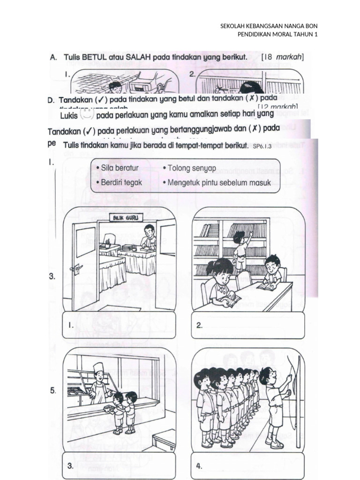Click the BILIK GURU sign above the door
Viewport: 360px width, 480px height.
pos(122,217)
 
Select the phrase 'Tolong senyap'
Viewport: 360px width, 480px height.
pos(186,168)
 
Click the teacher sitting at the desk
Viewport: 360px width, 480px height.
pos(149,238)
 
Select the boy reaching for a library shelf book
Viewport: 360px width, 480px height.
pos(240,248)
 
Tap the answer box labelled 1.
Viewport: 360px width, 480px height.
pos(120,324)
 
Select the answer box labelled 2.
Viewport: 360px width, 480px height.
pos(248,324)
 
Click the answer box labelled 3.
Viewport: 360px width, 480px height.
pos(120,465)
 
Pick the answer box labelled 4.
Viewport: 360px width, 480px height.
pos(248,465)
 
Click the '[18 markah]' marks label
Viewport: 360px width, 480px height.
pos(283,57)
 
